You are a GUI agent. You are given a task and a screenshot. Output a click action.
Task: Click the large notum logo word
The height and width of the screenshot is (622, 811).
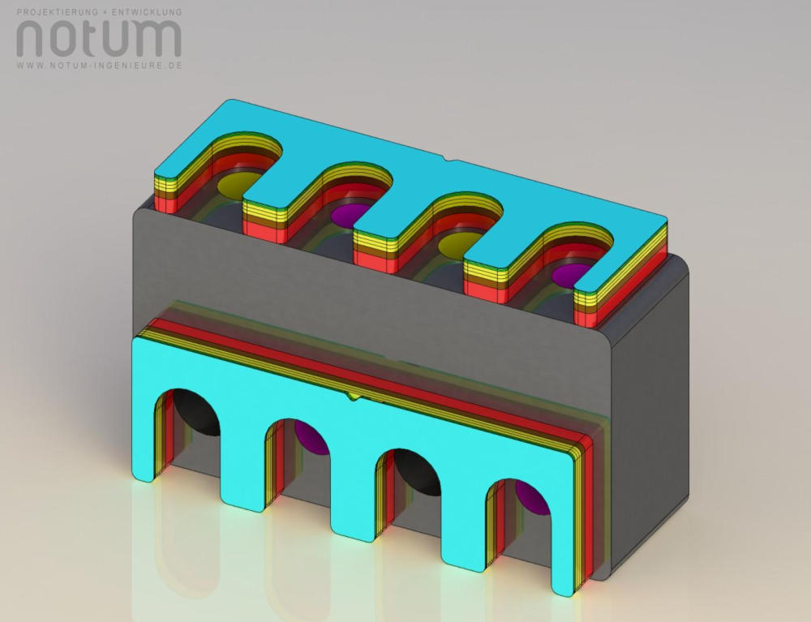[99, 38]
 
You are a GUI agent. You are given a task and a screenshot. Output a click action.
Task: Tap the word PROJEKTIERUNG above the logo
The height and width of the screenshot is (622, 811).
[58, 12]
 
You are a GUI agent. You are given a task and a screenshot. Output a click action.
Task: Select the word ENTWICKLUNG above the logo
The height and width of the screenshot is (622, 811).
[147, 12]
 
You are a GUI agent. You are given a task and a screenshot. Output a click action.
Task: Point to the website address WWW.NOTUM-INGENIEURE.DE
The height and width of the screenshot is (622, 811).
[99, 66]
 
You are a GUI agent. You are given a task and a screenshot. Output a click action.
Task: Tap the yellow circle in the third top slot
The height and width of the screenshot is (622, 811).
[461, 245]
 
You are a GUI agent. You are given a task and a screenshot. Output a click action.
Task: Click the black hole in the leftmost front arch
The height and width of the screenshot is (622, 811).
[195, 412]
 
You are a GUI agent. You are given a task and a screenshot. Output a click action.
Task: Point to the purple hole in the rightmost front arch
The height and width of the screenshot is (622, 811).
[533, 497]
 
